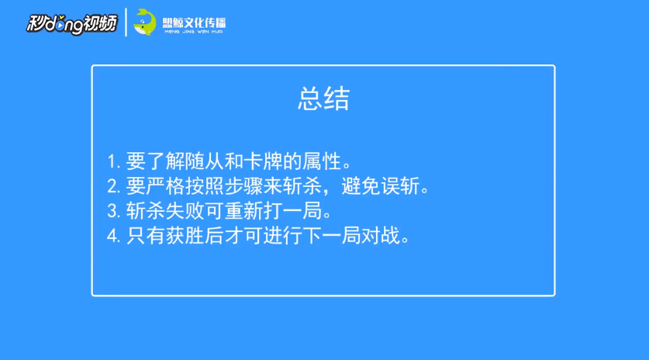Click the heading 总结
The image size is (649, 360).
tap(323, 99)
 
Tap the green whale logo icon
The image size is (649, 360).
tap(145, 22)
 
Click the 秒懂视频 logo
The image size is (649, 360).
tap(72, 24)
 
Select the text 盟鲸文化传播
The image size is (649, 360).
tap(194, 22)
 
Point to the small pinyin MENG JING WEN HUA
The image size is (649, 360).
tap(194, 32)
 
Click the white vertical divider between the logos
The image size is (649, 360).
tap(126, 22)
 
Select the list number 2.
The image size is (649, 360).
tap(112, 186)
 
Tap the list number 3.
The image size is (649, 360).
tap(112, 211)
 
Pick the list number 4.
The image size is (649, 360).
tap(112, 236)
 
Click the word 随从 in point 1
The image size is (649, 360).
tap(204, 161)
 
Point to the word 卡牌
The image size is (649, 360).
tap(263, 161)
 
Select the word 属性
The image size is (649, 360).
tap(322, 161)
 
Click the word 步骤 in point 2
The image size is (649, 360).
tap(243, 186)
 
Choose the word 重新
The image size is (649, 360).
tap(243, 211)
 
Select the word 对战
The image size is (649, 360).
tap(381, 236)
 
